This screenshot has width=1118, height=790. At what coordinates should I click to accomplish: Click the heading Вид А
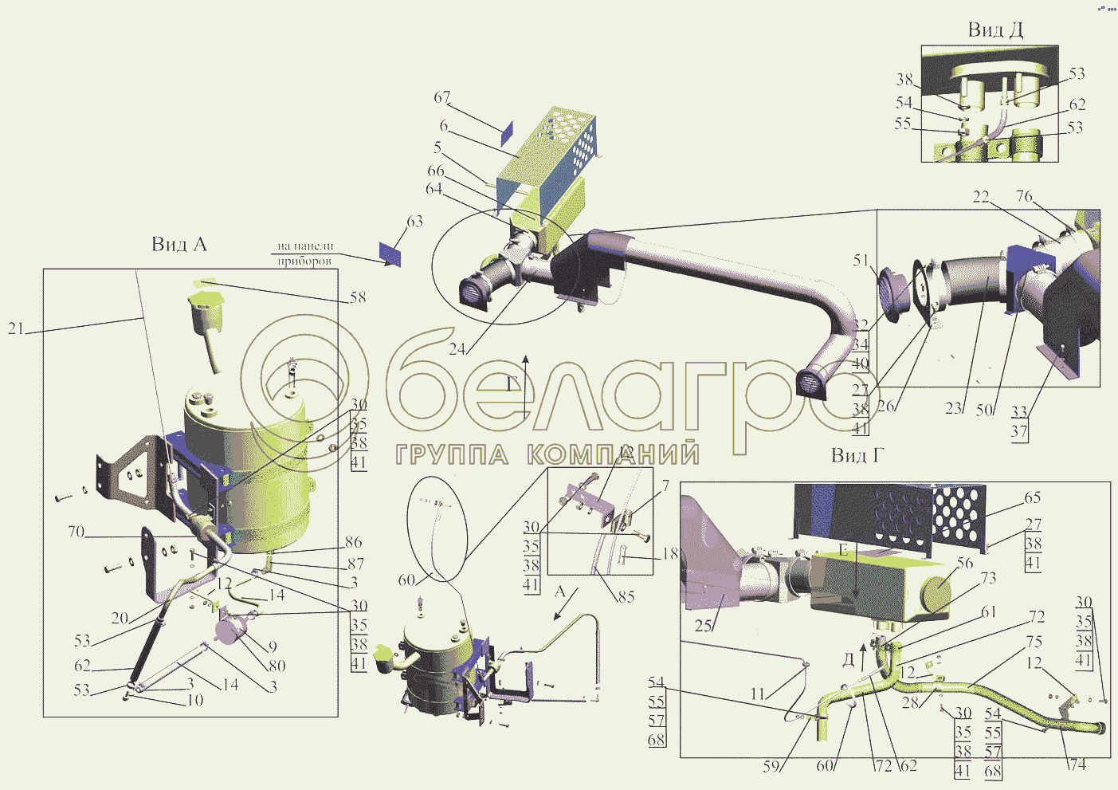click(179, 244)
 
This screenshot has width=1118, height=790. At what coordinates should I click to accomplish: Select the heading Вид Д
click(994, 30)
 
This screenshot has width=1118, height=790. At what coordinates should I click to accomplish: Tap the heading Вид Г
click(857, 455)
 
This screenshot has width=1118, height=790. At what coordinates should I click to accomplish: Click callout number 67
click(442, 97)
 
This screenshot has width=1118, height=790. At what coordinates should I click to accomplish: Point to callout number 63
click(414, 222)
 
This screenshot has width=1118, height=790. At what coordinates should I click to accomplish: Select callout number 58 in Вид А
click(358, 297)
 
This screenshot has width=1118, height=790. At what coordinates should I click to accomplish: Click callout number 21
click(16, 328)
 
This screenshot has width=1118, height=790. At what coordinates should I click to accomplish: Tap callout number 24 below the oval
click(457, 349)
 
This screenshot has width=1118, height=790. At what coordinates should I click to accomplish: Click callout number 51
click(861, 260)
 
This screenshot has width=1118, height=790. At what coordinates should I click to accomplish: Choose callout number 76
click(1024, 196)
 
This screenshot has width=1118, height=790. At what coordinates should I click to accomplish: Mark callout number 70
click(76, 532)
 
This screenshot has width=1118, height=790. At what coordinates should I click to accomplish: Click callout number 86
click(353, 543)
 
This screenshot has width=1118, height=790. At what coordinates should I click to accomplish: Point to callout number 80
click(277, 666)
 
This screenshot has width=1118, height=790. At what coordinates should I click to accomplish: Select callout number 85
click(626, 595)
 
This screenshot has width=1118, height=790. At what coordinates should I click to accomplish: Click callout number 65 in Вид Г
click(1032, 497)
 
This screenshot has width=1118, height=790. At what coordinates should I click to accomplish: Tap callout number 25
click(703, 626)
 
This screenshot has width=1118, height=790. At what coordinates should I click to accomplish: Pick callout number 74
click(1077, 764)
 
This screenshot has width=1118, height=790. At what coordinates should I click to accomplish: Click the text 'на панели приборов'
click(305, 254)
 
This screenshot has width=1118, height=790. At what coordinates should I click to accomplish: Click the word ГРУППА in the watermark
click(452, 455)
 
